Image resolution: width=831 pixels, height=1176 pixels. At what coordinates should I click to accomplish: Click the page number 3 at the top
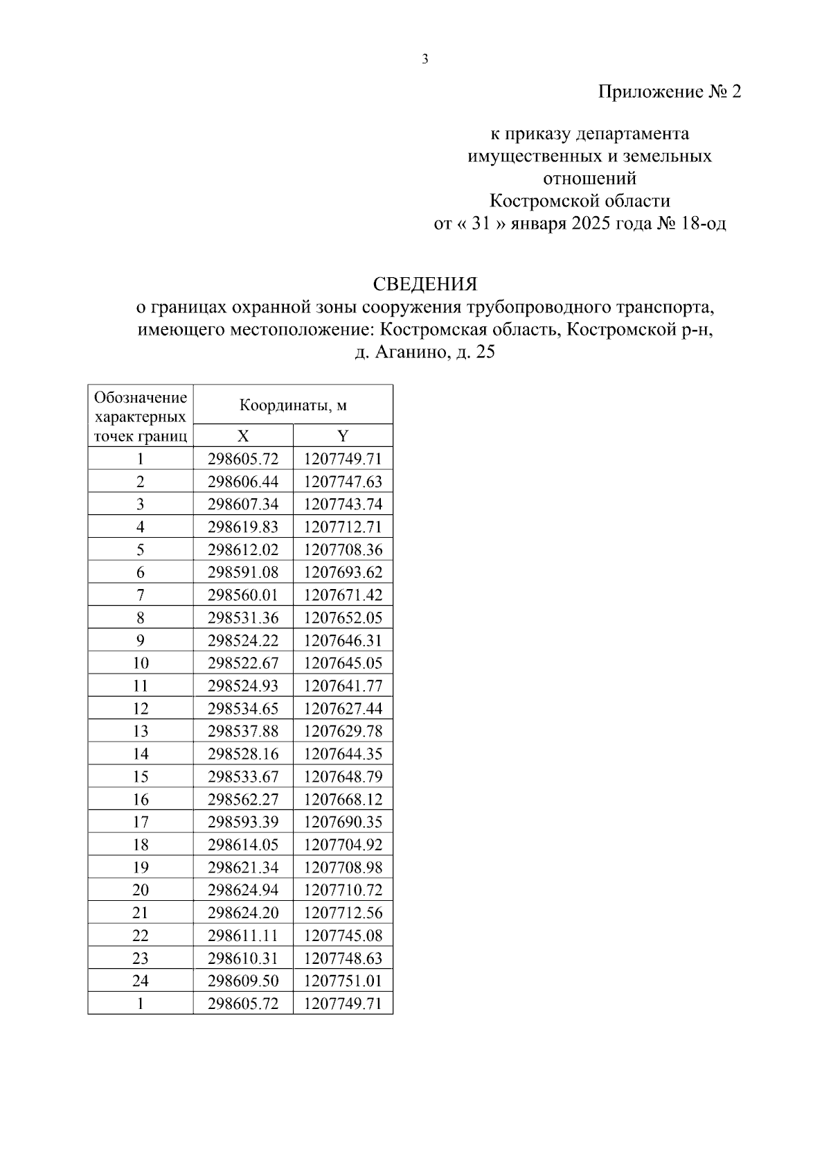[x=425, y=60]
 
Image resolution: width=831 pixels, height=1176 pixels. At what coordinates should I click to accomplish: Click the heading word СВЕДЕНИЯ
[x=425, y=284]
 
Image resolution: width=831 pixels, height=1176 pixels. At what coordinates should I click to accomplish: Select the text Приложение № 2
[x=669, y=92]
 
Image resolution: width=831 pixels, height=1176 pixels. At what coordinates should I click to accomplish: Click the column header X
[x=243, y=436]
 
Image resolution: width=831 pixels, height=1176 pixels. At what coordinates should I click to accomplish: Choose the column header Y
[x=343, y=436]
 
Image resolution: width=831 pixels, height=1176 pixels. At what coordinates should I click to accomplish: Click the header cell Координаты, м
[x=293, y=405]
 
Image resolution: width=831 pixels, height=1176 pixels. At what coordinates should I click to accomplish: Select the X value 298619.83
[x=243, y=527]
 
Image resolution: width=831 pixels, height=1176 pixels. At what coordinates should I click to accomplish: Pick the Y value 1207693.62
[x=343, y=572]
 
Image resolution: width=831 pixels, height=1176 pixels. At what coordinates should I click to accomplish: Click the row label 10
[x=141, y=663]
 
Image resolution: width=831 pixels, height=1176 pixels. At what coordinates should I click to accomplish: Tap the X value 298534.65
[x=243, y=708]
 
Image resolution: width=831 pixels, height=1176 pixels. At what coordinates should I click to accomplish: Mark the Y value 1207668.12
[x=343, y=799]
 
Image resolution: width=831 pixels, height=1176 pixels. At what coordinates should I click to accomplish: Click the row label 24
[x=141, y=981]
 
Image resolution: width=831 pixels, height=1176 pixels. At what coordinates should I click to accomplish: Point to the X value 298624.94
[x=243, y=890]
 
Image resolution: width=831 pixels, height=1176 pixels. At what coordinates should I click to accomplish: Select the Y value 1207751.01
[x=343, y=981]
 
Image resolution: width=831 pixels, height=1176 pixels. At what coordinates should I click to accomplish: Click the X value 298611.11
[x=243, y=936]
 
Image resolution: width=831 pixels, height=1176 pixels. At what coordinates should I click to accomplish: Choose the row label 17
[x=141, y=822]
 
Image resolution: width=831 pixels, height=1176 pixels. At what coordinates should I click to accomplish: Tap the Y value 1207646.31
[x=343, y=640]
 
